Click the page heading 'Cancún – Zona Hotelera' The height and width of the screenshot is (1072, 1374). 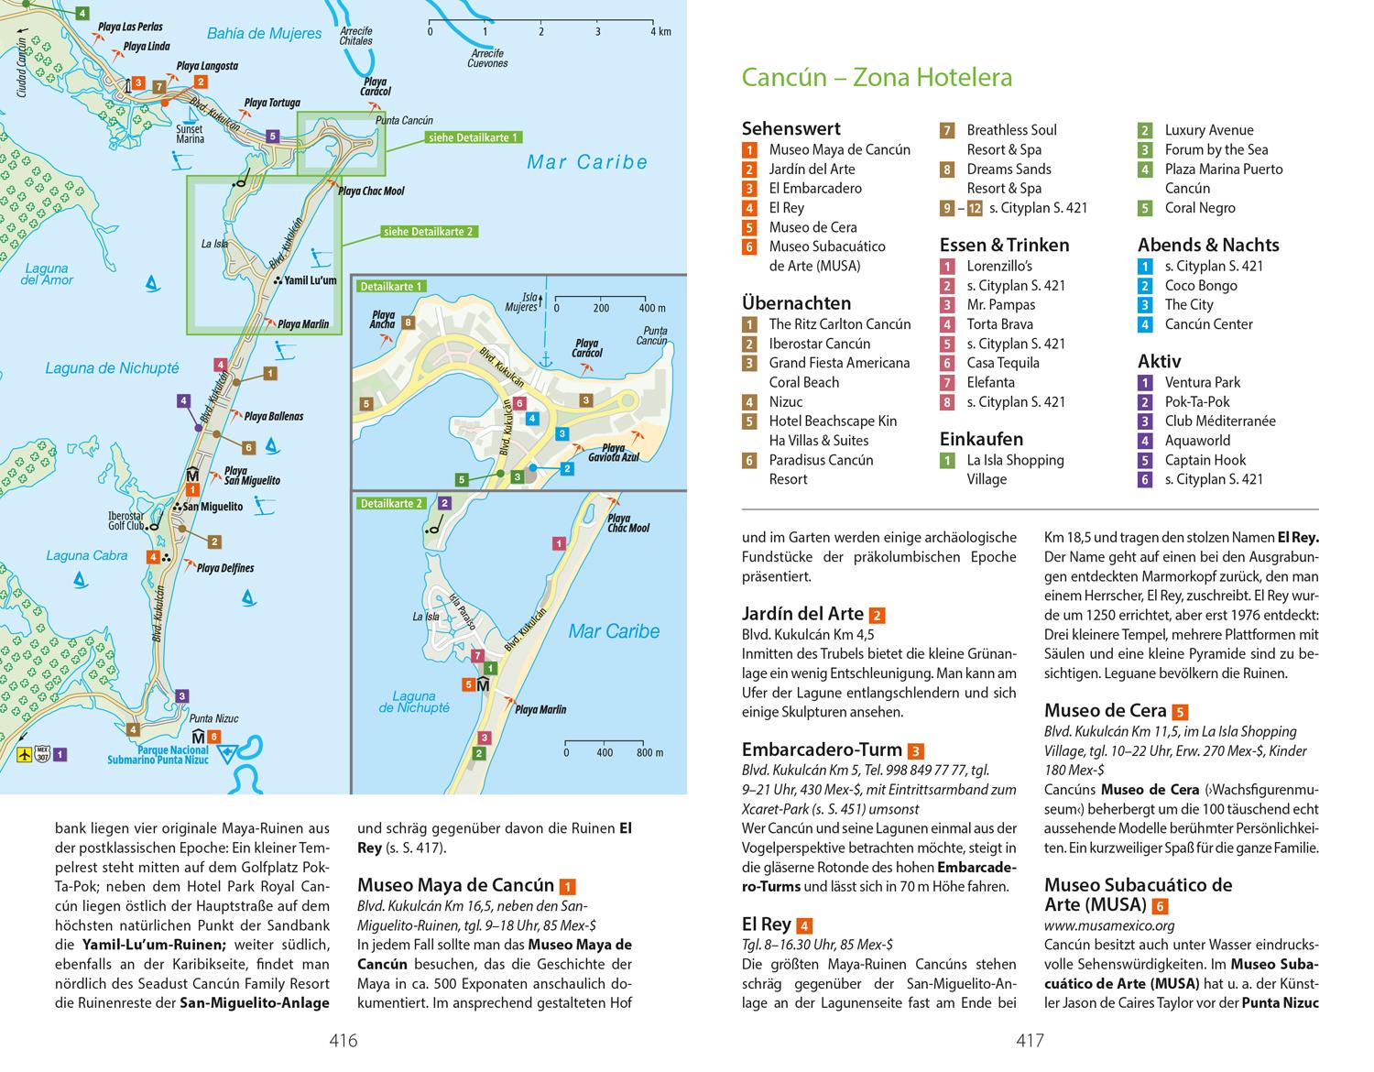point(877,77)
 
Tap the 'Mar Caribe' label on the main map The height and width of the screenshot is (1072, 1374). point(587,163)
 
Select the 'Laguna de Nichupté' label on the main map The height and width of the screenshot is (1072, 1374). point(112,368)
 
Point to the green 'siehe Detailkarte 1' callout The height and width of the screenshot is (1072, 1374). point(472,137)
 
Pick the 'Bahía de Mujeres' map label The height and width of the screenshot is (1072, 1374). point(264,34)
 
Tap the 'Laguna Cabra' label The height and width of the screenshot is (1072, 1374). point(87,555)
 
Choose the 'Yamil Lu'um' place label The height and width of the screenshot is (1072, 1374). point(311,280)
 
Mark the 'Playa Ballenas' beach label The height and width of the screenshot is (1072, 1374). point(273,417)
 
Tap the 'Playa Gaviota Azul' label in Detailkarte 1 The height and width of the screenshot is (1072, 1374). point(613,452)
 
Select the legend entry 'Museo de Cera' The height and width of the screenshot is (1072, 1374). point(812,227)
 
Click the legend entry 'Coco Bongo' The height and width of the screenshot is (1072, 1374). point(1200,285)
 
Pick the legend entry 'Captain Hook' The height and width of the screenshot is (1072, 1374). point(1205,460)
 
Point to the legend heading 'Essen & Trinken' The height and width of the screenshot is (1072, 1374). point(1004,245)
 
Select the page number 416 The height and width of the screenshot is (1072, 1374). point(343,1041)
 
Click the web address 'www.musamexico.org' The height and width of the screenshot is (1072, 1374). point(1109,926)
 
